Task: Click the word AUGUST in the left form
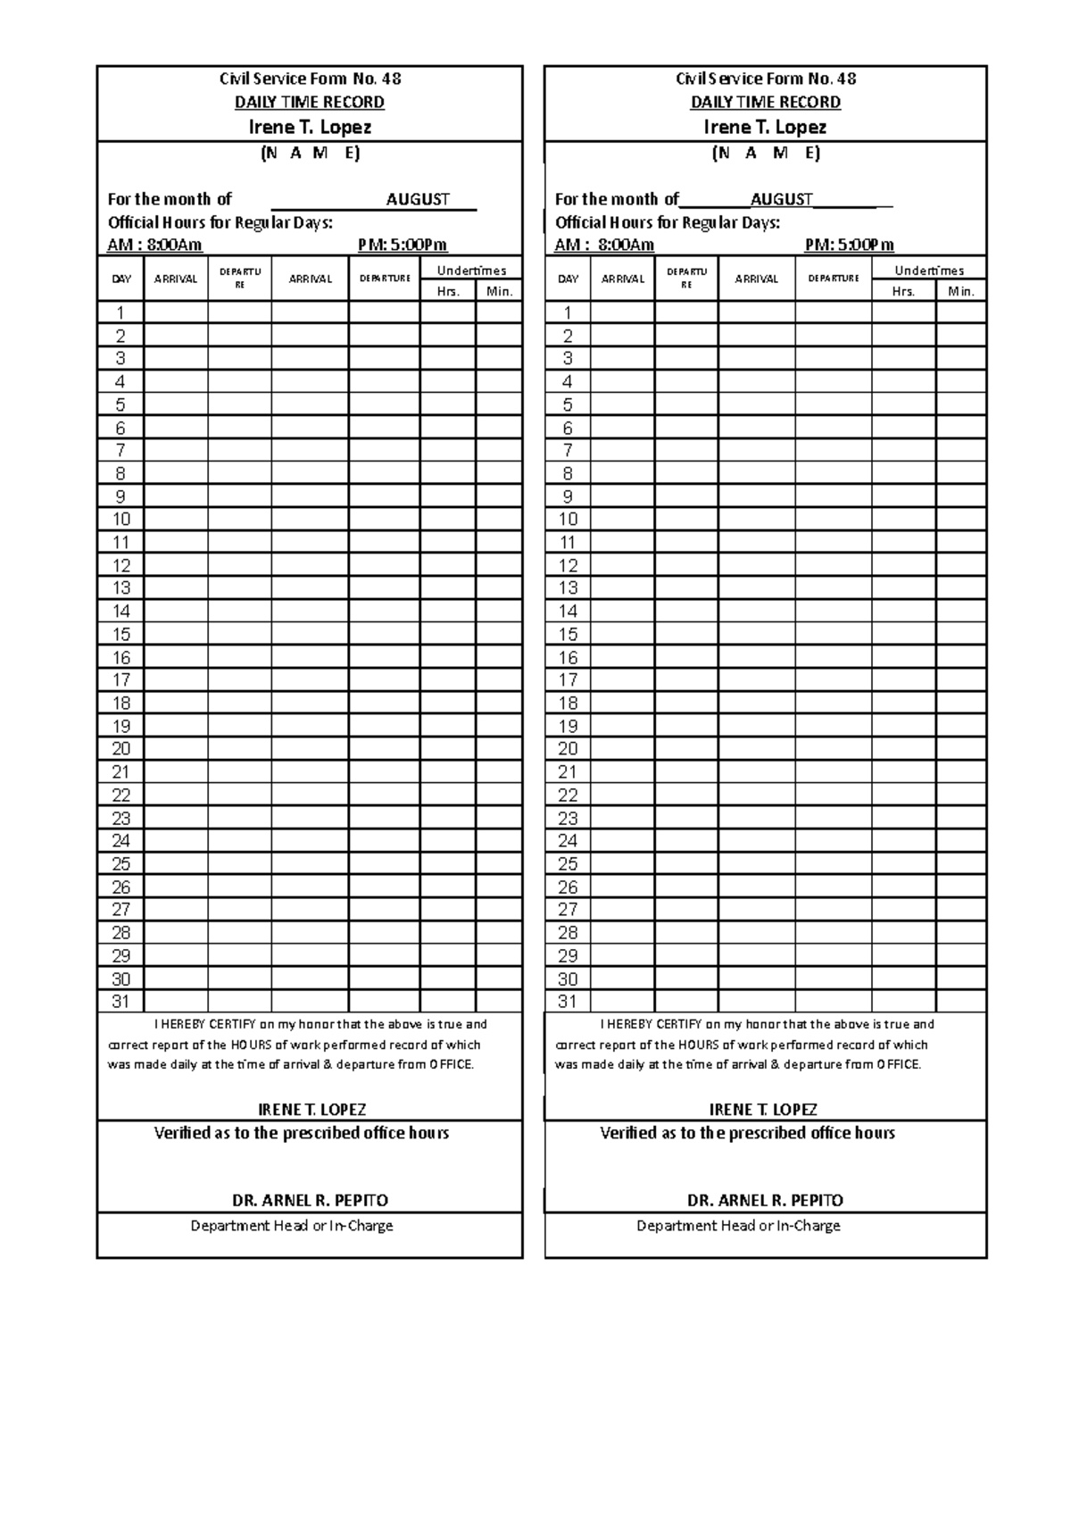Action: coord(418,199)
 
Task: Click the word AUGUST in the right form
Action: coord(782,199)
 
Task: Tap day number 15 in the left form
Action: coord(120,635)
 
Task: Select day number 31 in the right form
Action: coord(568,1002)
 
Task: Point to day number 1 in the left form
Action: coord(120,312)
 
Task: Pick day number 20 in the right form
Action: coord(568,749)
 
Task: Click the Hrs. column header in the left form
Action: coord(448,291)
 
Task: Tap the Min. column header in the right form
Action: coord(961,291)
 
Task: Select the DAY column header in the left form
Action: coord(121,279)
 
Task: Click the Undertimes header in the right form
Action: coord(929,271)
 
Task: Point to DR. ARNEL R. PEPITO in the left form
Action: coord(310,1200)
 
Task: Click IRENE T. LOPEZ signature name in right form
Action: coord(763,1110)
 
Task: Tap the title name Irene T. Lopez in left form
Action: coord(310,127)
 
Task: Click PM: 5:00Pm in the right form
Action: coord(849,245)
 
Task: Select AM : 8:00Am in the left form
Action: coord(155,245)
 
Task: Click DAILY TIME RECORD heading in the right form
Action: coord(765,102)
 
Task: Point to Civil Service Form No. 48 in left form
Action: coord(310,79)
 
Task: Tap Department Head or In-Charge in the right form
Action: coord(738,1226)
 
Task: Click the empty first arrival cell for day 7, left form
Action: coord(176,451)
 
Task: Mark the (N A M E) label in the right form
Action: coord(766,153)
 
